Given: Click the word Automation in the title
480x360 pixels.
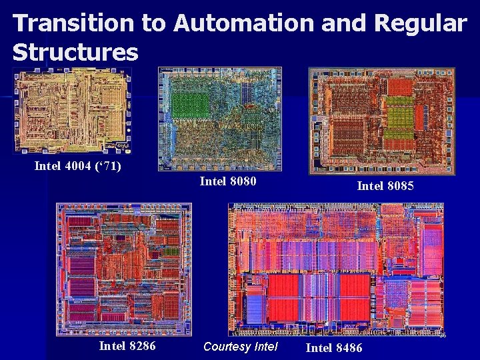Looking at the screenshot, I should (x=243, y=24).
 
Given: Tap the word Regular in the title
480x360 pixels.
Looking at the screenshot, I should (x=420, y=24).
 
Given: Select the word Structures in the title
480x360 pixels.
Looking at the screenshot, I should (x=75, y=52).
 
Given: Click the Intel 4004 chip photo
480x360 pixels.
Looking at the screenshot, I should (x=72, y=111).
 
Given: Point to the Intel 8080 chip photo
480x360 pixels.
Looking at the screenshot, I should (x=220, y=117).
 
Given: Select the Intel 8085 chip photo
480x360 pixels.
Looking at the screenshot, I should (x=381, y=120).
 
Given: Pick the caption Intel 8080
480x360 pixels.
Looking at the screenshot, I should (x=228, y=181).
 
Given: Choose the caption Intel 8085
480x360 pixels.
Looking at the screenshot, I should (x=385, y=186).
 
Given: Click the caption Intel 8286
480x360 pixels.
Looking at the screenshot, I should (x=127, y=345).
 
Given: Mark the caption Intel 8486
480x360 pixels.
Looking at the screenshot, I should (x=334, y=347).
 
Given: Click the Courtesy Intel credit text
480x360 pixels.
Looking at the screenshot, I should (x=240, y=347).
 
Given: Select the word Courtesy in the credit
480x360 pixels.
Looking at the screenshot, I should (x=227, y=347).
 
